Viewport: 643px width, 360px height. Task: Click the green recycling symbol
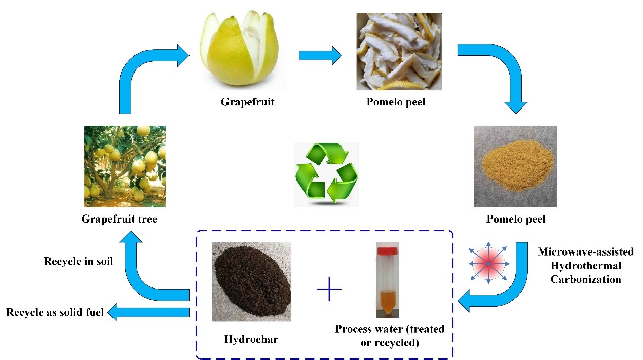point(326,173)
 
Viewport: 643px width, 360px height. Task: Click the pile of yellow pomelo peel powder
point(515,165)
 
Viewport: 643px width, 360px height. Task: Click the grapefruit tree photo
point(125,166)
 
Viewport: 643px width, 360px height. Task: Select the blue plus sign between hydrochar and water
point(329,289)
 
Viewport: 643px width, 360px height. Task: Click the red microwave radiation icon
point(488,264)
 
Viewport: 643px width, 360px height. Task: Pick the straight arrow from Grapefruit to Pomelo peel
point(320,55)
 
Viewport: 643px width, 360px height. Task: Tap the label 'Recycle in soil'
point(78,262)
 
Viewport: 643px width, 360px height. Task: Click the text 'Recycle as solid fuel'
point(55,312)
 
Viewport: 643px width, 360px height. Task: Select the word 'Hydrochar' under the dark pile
point(251,339)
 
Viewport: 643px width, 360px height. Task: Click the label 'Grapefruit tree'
point(119,219)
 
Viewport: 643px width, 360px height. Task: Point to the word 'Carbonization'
point(586,279)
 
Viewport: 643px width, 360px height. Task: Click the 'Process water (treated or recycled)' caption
point(389,335)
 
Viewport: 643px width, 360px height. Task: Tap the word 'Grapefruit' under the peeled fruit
point(247,102)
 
